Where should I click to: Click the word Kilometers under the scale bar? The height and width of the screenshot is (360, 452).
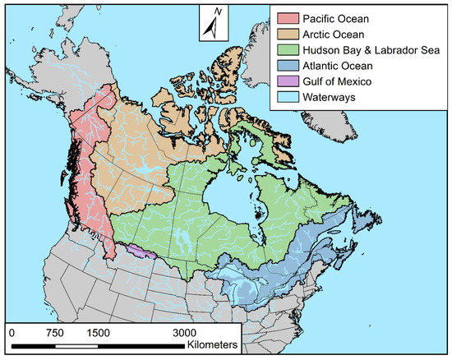212,345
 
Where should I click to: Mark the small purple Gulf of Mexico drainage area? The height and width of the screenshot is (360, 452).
141,250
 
